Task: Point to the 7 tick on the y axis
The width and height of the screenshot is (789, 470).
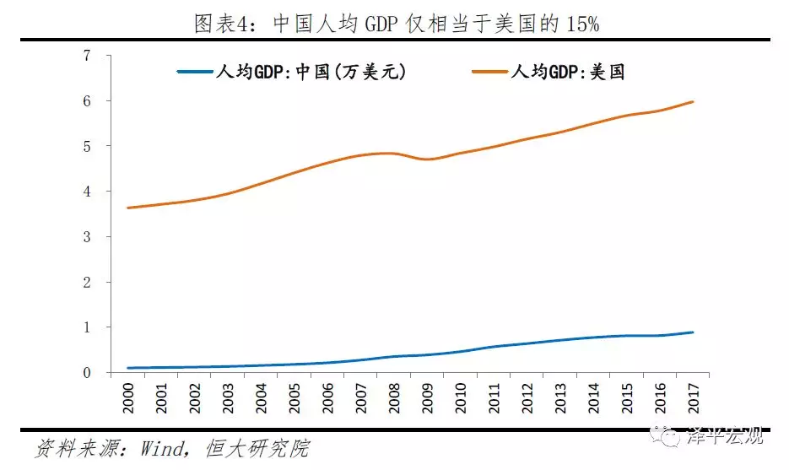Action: point(87,56)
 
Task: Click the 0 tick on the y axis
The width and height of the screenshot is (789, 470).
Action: point(87,373)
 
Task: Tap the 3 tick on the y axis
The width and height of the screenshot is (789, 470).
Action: point(87,237)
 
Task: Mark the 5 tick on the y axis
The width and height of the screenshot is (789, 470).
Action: point(87,146)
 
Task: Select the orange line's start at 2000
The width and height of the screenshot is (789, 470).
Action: point(128,208)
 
